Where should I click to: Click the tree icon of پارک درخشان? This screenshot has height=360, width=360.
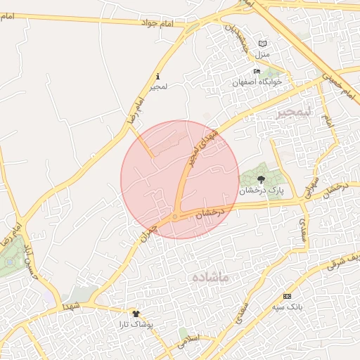pyautogui.click(x=262, y=179)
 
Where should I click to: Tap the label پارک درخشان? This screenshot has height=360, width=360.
pyautogui.click(x=261, y=191)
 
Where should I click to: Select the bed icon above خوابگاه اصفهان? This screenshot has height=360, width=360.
pyautogui.click(x=257, y=72)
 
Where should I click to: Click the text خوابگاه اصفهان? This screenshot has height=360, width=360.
pyautogui.click(x=257, y=82)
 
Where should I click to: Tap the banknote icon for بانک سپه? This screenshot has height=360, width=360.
pyautogui.click(x=286, y=296)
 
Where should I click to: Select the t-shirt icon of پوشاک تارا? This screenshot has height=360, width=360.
pyautogui.click(x=136, y=314)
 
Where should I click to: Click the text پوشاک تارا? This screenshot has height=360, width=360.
pyautogui.click(x=136, y=325)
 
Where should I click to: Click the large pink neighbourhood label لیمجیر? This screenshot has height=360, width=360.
pyautogui.click(x=293, y=112)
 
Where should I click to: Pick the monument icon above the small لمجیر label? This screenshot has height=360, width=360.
pyautogui.click(x=157, y=76)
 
